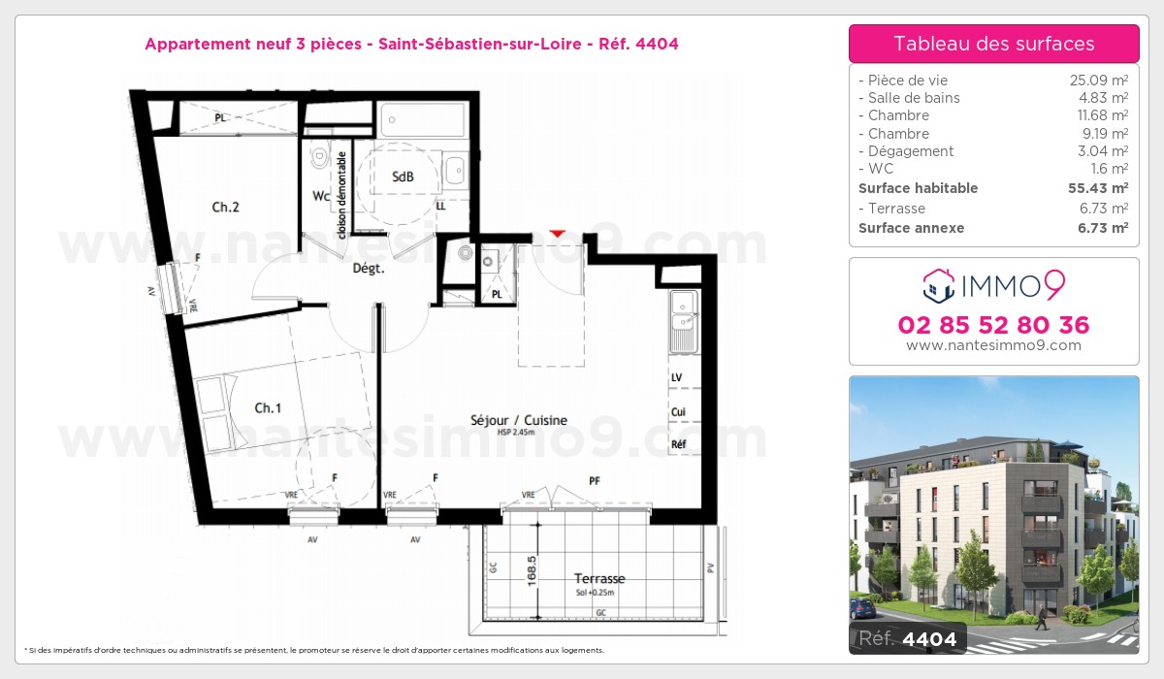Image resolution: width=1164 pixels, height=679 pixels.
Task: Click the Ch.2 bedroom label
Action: [226, 207]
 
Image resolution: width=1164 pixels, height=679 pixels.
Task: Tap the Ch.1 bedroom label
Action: [268, 408]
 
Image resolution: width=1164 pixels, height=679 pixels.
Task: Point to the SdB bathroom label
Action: [403, 177]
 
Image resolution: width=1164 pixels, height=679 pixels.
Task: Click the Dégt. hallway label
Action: [368, 270]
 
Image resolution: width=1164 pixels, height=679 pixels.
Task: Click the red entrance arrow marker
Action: [557, 234]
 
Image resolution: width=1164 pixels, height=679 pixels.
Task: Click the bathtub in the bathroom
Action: [423, 120]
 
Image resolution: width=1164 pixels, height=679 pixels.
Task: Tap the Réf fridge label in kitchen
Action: [679, 444]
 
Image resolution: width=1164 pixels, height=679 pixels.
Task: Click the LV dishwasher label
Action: [676, 377]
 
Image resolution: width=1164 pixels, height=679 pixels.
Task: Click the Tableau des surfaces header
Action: [993, 44]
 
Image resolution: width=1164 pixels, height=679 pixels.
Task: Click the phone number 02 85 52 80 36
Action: [993, 325]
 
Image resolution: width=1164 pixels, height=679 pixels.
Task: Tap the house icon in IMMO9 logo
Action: [937, 285]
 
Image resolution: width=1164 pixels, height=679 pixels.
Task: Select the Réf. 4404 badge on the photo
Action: [907, 638]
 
